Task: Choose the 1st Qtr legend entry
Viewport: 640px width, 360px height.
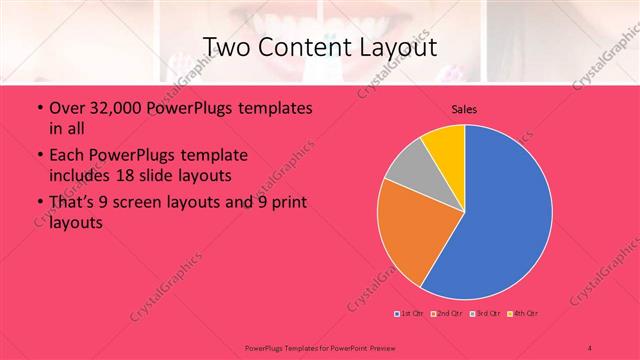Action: pos(409,315)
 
